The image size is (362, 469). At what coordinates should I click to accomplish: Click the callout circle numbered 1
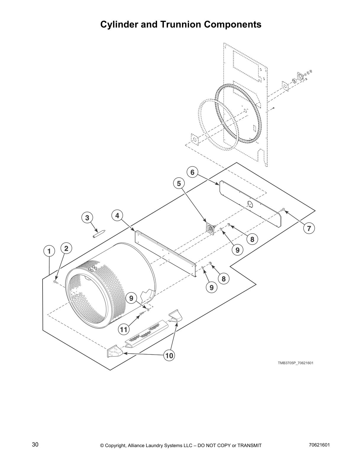(49, 251)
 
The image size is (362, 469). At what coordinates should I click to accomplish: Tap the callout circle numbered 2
(66, 248)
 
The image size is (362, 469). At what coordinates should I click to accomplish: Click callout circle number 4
(117, 216)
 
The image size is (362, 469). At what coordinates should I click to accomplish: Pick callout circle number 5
(179, 184)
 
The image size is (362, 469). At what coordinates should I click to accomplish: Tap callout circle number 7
(309, 228)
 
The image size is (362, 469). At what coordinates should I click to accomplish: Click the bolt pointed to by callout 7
(283, 210)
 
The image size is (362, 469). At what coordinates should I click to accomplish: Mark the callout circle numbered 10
(169, 356)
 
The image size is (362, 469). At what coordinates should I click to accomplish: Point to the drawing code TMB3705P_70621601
(295, 363)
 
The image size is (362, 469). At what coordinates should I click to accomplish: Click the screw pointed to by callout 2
(55, 282)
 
